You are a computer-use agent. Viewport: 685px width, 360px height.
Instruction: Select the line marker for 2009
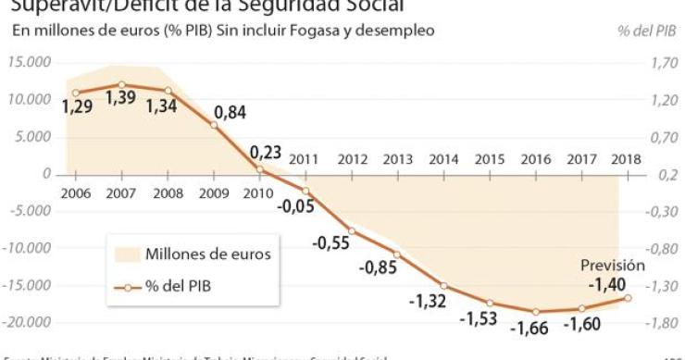tap(214, 124)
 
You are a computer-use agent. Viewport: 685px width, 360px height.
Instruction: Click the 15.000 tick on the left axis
tap(29, 62)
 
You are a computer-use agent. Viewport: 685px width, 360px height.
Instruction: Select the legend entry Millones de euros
tap(208, 254)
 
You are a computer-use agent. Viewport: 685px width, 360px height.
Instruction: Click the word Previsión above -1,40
tap(613, 265)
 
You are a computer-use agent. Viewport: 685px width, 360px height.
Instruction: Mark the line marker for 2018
tap(629, 297)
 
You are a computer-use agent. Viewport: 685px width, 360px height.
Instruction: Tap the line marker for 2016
tap(536, 311)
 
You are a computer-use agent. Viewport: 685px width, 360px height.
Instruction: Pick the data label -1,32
tap(429, 301)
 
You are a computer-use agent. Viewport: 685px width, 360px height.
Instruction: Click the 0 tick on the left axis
tap(46, 174)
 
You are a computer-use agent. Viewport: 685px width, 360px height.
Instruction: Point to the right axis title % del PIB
tap(647, 31)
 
